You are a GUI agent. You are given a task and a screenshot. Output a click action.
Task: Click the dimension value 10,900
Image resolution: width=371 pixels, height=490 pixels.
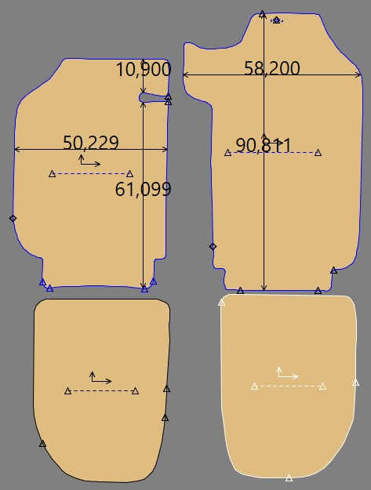[144, 69]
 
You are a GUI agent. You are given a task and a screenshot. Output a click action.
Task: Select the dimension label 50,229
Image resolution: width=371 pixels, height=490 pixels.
[91, 143]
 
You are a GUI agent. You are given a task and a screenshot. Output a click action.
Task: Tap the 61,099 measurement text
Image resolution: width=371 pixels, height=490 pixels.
[144, 190]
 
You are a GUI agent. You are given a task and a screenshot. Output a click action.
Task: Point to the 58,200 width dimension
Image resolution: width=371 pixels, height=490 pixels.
[272, 68]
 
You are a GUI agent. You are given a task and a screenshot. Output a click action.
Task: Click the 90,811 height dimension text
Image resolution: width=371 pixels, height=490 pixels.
[264, 145]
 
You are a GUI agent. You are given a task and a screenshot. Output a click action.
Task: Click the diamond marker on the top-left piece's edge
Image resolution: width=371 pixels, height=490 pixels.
[13, 219]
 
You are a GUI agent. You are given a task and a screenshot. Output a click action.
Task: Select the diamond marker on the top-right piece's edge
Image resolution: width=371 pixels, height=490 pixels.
[213, 246]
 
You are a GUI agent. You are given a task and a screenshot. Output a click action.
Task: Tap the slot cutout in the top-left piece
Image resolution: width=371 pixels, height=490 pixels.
[153, 98]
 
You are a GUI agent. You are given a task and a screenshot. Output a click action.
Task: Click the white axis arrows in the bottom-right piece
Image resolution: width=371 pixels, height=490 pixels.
[287, 372]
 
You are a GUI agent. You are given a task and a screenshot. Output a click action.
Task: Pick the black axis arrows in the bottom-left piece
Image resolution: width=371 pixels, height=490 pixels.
[100, 377]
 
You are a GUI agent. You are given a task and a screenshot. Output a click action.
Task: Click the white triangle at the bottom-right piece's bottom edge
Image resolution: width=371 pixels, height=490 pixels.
[289, 477]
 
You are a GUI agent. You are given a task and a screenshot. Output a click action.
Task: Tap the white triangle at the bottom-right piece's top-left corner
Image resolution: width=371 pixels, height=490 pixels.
[222, 303]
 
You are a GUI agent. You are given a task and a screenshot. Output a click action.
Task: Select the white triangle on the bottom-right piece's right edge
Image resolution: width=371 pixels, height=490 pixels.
[355, 383]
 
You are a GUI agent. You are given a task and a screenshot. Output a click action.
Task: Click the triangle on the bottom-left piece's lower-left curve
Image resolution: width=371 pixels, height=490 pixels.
[42, 444]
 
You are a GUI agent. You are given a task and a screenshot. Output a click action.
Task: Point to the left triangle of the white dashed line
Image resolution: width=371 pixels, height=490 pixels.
[255, 387]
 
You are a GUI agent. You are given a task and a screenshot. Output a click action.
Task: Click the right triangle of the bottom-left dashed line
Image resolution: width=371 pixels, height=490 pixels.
[135, 391]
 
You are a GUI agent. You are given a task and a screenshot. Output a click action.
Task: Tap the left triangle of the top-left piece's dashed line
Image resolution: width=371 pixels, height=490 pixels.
[53, 174]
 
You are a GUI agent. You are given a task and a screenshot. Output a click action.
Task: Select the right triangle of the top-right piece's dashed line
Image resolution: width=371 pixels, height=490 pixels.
[318, 153]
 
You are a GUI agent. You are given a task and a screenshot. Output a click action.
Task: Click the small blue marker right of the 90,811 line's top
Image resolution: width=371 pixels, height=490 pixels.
[277, 20]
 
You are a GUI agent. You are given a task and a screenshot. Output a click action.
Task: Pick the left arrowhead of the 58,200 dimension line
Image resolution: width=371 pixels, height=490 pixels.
[185, 74]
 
